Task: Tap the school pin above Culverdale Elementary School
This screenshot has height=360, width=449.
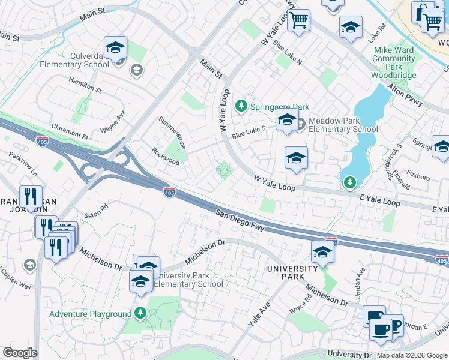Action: coord(115,47)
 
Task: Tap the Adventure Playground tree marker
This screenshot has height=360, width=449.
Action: coord(140,313)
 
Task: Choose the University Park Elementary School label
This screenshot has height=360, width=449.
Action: coord(188,280)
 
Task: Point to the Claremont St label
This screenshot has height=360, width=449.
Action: coord(70,128)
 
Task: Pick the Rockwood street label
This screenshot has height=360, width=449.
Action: coord(165,157)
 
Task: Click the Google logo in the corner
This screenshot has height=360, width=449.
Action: coord(20,353)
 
